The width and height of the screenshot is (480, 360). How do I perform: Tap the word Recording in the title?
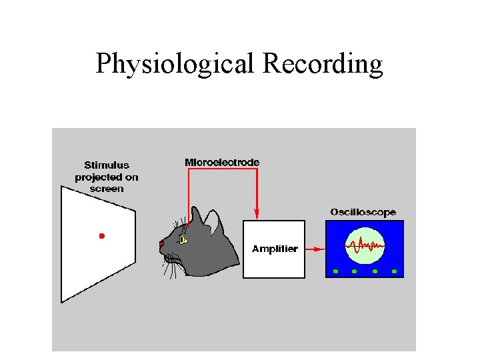323,63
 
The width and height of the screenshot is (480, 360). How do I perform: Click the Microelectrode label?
222,162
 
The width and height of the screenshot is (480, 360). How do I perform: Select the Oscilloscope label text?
363,212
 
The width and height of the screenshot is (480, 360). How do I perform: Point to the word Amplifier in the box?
275,249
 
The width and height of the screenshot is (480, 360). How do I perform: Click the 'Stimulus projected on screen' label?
107,177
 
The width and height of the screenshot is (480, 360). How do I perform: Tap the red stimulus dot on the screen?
102,236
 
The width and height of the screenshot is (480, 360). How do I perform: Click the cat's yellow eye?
183,240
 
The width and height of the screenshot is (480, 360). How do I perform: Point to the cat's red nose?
161,244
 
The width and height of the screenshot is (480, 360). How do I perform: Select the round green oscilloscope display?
365,247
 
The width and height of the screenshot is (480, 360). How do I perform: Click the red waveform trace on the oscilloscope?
365,247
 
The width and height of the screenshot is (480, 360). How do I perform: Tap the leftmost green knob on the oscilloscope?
335,271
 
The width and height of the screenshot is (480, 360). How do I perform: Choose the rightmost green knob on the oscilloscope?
395,271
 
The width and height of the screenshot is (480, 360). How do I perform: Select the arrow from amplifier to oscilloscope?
315,249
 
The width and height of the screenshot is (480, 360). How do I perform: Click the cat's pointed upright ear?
198,215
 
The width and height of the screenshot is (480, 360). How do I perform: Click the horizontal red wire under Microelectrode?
222,169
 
